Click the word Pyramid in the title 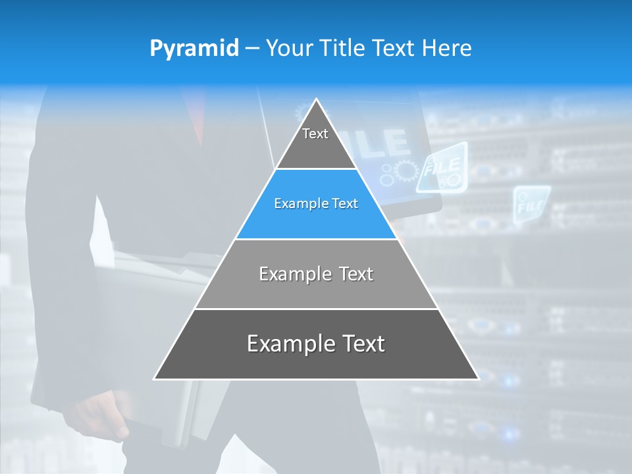pos(194,49)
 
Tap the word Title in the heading pos(344,49)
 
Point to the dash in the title pos(251,49)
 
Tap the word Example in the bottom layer pos(289,344)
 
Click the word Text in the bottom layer pos(361,344)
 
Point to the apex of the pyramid pos(316,100)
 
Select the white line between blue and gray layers pos(316,239)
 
